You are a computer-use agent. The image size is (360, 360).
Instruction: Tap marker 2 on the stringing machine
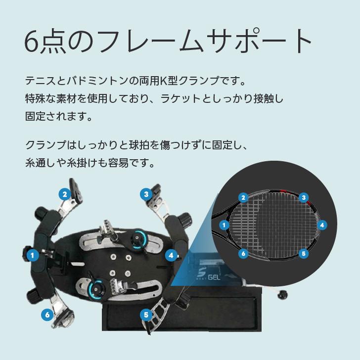64,194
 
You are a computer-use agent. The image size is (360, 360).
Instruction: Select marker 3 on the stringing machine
146,194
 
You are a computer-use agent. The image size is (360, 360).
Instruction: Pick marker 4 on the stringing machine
171,255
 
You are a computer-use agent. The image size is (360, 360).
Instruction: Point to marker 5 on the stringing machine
146,315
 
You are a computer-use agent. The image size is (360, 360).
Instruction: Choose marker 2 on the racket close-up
243,198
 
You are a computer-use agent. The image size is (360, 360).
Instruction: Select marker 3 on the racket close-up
304,197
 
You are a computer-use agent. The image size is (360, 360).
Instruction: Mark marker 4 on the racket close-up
322,225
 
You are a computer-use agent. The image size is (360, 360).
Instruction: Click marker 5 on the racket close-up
304,253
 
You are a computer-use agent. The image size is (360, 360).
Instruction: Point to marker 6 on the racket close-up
243,253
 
